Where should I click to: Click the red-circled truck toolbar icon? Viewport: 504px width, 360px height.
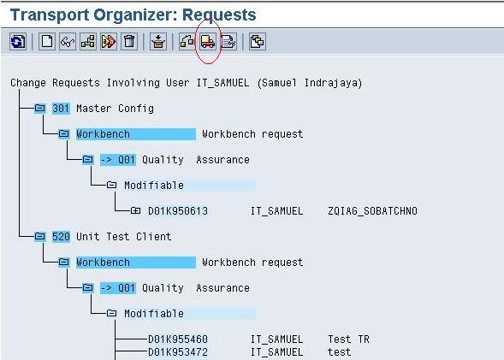pyautogui.click(x=208, y=42)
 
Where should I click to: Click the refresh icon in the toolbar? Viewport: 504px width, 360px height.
pyautogui.click(x=18, y=42)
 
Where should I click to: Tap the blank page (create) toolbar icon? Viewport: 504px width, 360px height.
pyautogui.click(x=47, y=42)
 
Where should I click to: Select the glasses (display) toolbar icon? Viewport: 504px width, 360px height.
pyautogui.click(x=68, y=42)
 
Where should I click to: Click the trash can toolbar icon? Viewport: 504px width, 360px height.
pyautogui.click(x=129, y=42)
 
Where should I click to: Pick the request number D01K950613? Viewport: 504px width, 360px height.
pyautogui.click(x=178, y=211)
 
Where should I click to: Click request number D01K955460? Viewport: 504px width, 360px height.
pyautogui.click(x=178, y=339)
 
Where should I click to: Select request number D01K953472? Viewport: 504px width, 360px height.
pyautogui.click(x=178, y=352)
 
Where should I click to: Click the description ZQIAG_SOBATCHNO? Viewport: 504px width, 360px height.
pyautogui.click(x=372, y=211)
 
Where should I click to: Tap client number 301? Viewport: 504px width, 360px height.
pyautogui.click(x=61, y=109)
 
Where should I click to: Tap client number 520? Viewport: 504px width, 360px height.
pyautogui.click(x=61, y=237)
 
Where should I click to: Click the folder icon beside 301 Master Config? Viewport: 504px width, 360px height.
pyautogui.click(x=40, y=108)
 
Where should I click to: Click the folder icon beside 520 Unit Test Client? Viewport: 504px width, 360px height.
pyautogui.click(x=40, y=236)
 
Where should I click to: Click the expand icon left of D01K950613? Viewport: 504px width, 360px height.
pyautogui.click(x=135, y=210)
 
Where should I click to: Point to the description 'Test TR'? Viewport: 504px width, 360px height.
pyautogui.click(x=348, y=339)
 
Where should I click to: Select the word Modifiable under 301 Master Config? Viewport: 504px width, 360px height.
pyautogui.click(x=154, y=186)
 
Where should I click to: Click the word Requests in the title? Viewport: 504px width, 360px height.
pyautogui.click(x=219, y=15)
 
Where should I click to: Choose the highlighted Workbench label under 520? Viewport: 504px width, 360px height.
pyautogui.click(x=103, y=263)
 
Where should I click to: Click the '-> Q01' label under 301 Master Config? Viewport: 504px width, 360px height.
pyautogui.click(x=117, y=160)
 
